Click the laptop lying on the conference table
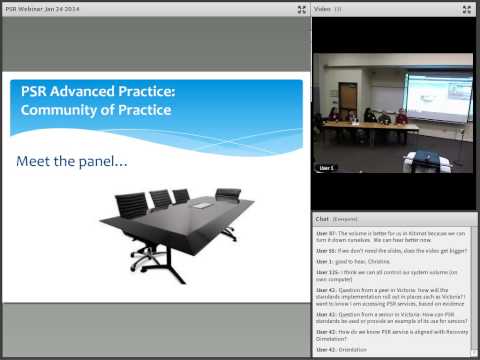[x=203, y=203]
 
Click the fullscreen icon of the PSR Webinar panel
[x=301, y=9]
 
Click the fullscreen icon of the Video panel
[x=467, y=9]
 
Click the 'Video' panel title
[x=322, y=9]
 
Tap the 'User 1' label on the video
[x=327, y=168]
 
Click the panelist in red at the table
[x=402, y=116]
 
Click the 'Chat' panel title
[x=322, y=217]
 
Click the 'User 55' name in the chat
[x=325, y=250]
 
